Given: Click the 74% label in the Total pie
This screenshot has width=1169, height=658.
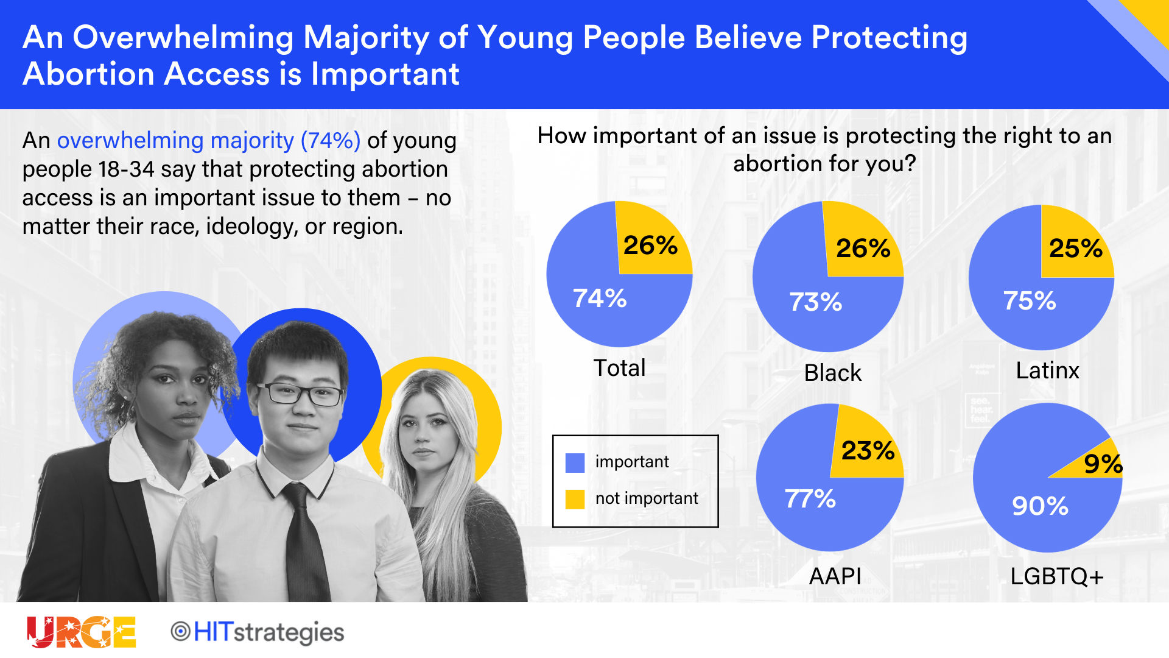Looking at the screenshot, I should [x=600, y=299].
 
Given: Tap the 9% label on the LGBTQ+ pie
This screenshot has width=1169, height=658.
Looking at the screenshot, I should [x=1103, y=464].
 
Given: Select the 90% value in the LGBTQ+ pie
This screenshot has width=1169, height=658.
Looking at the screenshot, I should [x=1040, y=506].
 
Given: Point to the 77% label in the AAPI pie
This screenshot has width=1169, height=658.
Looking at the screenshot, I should [x=810, y=499].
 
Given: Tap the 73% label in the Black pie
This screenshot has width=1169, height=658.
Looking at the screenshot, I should [x=815, y=302].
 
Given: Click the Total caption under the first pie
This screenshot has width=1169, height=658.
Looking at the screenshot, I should [x=619, y=368].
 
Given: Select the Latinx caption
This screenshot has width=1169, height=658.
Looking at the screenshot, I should [x=1047, y=370].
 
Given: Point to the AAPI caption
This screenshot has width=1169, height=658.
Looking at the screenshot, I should [x=835, y=576].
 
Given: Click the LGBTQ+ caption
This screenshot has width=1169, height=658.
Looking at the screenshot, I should [x=1056, y=576].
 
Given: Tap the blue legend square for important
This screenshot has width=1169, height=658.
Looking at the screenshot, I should [x=575, y=462].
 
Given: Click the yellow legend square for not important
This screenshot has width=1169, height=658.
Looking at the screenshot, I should [x=575, y=499].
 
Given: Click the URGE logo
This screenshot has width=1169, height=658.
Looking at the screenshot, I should [x=81, y=632].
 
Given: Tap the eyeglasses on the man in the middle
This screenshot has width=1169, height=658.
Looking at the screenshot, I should [x=300, y=394].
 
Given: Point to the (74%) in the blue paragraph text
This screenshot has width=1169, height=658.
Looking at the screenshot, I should [x=331, y=141].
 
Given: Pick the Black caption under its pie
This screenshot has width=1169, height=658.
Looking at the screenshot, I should [x=832, y=373].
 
